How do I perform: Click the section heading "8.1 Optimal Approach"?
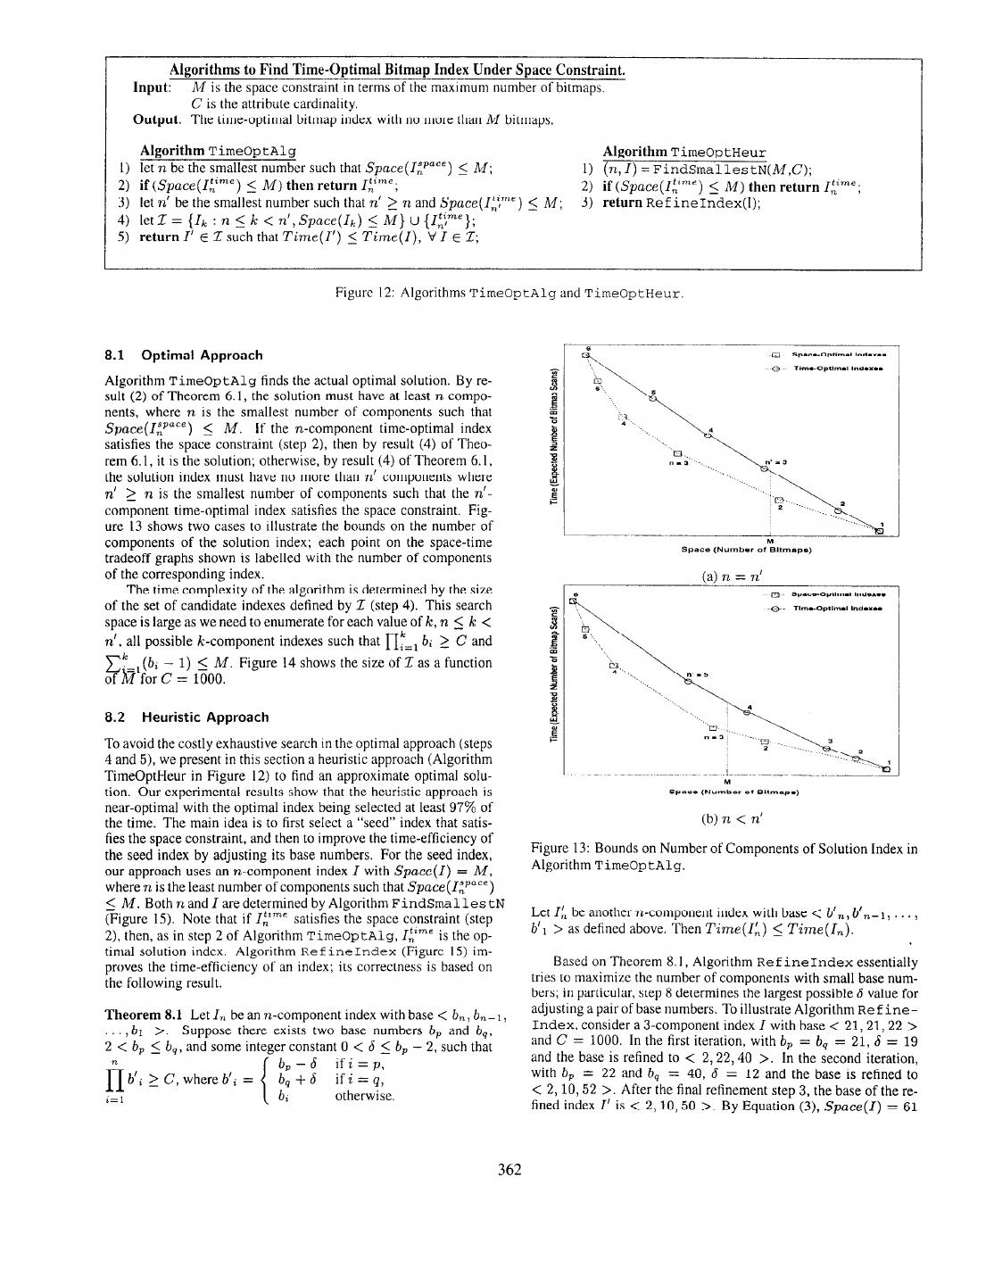pyautogui.click(x=184, y=355)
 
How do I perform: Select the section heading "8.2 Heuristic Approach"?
pyautogui.click(x=186, y=717)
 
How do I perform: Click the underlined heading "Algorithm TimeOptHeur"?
pyautogui.click(x=683, y=153)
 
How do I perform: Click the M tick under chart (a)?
pyautogui.click(x=768, y=539)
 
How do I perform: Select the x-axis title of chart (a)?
pyautogui.click(x=746, y=549)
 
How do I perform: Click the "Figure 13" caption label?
pyautogui.click(x=559, y=850)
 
